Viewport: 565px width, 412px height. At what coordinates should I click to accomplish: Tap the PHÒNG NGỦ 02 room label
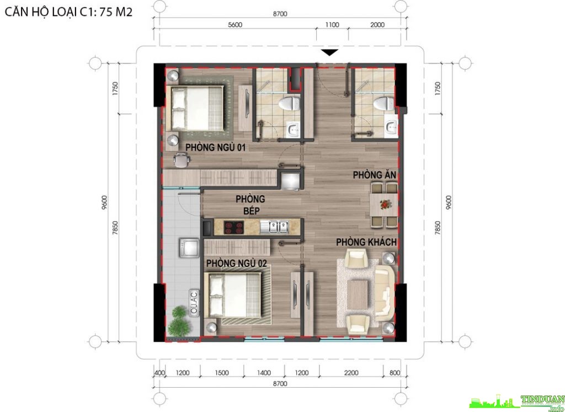(x=236, y=263)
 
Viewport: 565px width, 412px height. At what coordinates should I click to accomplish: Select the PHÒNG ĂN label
(x=375, y=175)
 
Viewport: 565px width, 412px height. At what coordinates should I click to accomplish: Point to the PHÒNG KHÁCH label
(x=366, y=242)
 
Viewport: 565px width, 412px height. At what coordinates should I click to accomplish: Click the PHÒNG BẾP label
(x=250, y=205)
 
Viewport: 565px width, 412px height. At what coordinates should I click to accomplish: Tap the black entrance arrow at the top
(x=330, y=52)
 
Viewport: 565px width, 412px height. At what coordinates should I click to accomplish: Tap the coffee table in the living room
(x=357, y=294)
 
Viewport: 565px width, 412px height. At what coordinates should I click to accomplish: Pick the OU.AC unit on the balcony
(x=194, y=303)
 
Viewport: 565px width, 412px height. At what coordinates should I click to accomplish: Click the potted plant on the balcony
(x=179, y=320)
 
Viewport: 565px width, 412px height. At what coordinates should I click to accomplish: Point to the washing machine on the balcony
(x=189, y=248)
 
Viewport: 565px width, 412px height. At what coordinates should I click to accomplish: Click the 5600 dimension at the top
(x=235, y=25)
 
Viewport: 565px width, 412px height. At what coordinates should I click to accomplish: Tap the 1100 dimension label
(x=332, y=25)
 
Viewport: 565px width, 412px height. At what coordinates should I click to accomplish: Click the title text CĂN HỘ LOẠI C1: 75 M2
(x=68, y=12)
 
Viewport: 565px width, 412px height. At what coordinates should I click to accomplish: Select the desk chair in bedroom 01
(x=181, y=160)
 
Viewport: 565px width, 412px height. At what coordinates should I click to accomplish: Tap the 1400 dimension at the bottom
(x=264, y=373)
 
